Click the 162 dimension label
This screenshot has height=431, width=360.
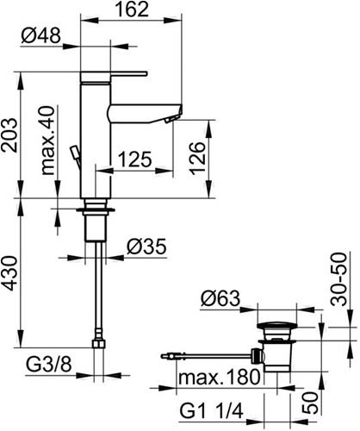(133, 9)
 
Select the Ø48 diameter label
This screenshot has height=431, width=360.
(41, 36)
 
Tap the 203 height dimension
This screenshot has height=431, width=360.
(9, 134)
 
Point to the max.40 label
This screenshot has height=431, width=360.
(47, 141)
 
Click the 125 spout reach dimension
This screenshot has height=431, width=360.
(135, 159)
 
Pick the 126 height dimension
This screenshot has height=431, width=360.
(198, 158)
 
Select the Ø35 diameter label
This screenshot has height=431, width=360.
(146, 247)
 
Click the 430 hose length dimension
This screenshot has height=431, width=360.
(9, 273)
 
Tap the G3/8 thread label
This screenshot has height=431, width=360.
(49, 365)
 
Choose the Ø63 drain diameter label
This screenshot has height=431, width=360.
(220, 298)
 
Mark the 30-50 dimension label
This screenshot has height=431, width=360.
(338, 279)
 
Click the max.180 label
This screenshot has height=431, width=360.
(220, 377)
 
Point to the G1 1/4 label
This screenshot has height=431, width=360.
(212, 411)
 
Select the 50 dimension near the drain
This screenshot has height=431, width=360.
(310, 403)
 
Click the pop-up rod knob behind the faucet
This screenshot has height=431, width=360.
(75, 152)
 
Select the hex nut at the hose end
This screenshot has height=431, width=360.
(99, 344)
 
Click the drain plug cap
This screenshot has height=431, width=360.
(277, 326)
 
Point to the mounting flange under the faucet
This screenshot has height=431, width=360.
(96, 210)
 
